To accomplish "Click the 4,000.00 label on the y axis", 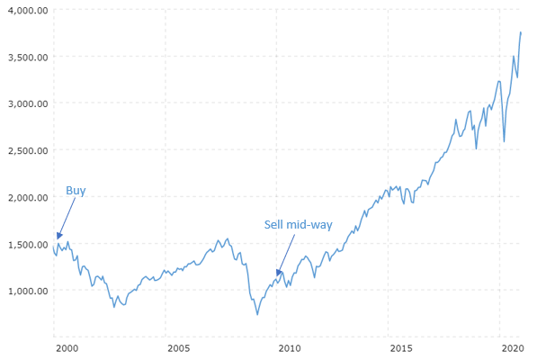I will (x=25, y=10).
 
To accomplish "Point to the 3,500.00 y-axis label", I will (x=25, y=57).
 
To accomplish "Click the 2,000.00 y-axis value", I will (x=25, y=197).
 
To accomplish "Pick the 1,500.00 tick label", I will (x=25, y=244).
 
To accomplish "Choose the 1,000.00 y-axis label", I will (x=25, y=291).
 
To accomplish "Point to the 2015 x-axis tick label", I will (x=401, y=347).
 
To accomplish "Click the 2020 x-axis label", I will (x=513, y=347).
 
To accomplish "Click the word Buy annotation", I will (x=76, y=191).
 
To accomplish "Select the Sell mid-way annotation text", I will (x=297, y=224).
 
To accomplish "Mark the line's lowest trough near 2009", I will (x=257, y=314).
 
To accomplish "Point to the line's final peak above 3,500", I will (x=521, y=32).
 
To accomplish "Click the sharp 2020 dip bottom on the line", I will (x=504, y=141).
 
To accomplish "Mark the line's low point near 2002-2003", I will (x=113, y=307).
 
